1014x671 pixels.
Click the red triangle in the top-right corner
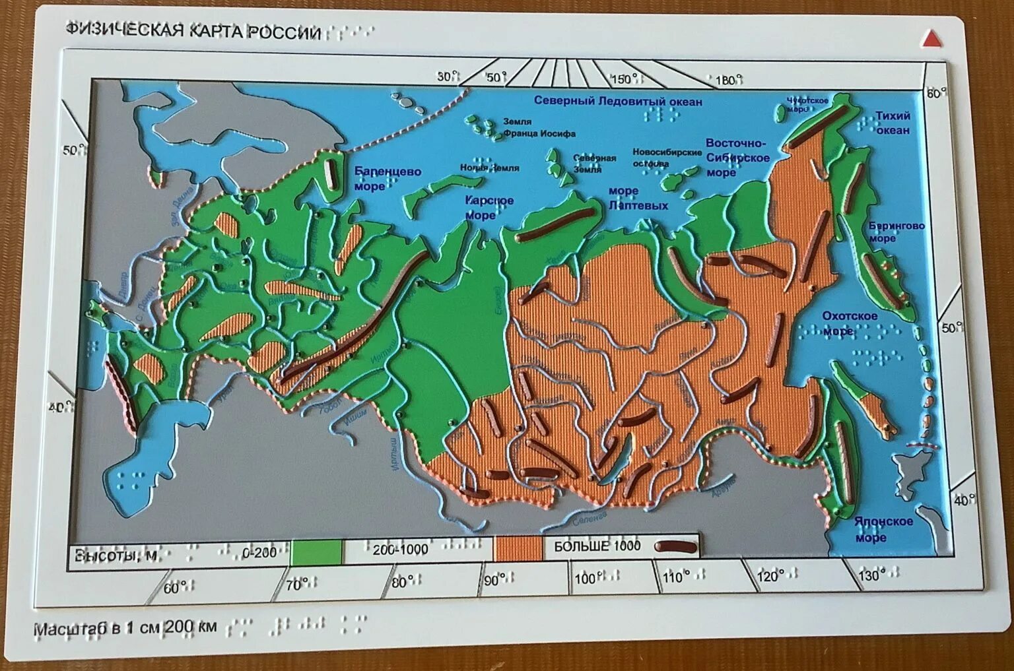tap(932, 39)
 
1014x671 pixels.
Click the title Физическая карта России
tap(193, 32)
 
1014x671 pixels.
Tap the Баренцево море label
tap(388, 179)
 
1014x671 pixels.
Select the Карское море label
tap(489, 208)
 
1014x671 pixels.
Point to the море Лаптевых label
tap(637, 198)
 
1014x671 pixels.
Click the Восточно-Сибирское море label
tap(737, 158)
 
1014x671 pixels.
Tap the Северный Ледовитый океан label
tap(618, 101)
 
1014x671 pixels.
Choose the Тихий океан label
tap(893, 123)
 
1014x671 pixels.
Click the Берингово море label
tap(896, 232)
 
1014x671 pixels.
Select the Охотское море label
tap(849, 323)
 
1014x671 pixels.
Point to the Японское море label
tap(883, 529)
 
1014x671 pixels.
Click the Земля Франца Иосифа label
tap(539, 128)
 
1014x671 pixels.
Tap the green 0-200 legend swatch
tap(317, 552)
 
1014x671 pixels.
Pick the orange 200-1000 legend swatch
tap(518, 548)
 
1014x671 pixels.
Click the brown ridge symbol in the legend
tap(675, 546)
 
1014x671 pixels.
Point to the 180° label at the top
tap(726, 80)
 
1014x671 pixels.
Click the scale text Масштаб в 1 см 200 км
tap(125, 627)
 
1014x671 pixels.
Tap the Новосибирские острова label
tap(667, 157)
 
